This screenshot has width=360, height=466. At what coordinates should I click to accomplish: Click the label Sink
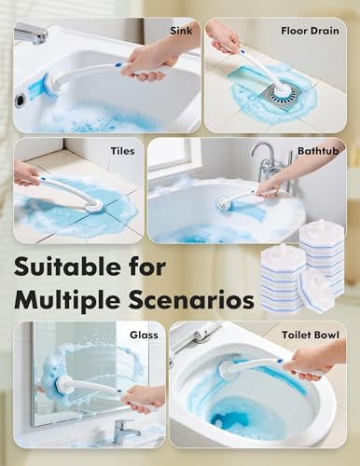pyautogui.click(x=181, y=30)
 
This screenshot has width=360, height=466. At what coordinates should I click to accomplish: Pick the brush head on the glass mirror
pyautogui.click(x=68, y=384)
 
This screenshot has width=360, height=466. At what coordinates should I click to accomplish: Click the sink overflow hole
pyautogui.click(x=21, y=99)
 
